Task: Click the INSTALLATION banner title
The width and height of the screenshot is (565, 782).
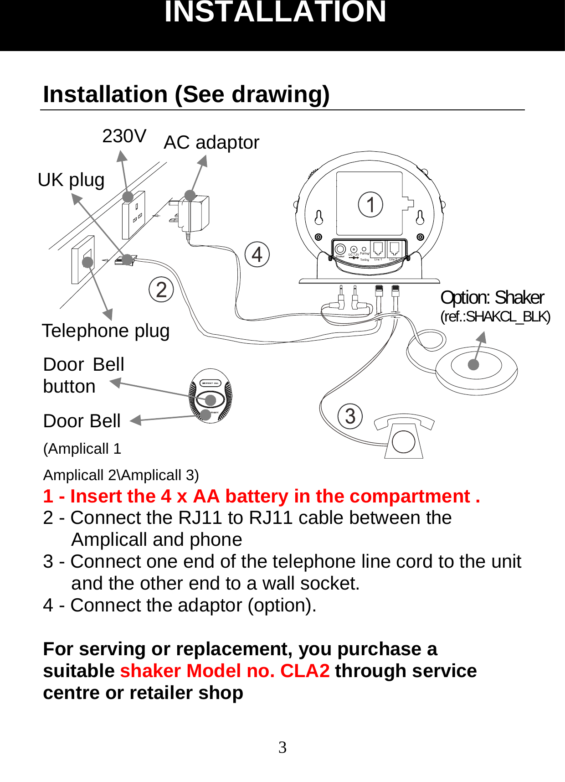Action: [275, 12]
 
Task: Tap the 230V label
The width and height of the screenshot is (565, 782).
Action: [124, 136]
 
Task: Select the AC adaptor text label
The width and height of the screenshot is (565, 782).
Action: [211, 142]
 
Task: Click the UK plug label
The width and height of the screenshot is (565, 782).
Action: [71, 180]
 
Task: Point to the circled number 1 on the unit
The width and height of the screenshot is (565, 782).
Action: [370, 205]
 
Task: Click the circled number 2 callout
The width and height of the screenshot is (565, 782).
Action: [161, 290]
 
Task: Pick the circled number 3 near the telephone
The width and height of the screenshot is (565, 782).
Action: [350, 416]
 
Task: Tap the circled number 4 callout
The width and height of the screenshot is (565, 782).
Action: [257, 254]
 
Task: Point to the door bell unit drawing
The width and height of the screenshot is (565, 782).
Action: [211, 396]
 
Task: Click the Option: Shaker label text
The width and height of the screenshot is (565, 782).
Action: [492, 298]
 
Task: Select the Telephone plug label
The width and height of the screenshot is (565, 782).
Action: [106, 331]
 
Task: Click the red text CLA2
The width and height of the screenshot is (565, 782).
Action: [305, 671]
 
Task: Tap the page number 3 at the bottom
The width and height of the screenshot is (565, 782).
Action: [282, 747]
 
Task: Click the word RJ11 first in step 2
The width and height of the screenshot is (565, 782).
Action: [196, 518]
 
